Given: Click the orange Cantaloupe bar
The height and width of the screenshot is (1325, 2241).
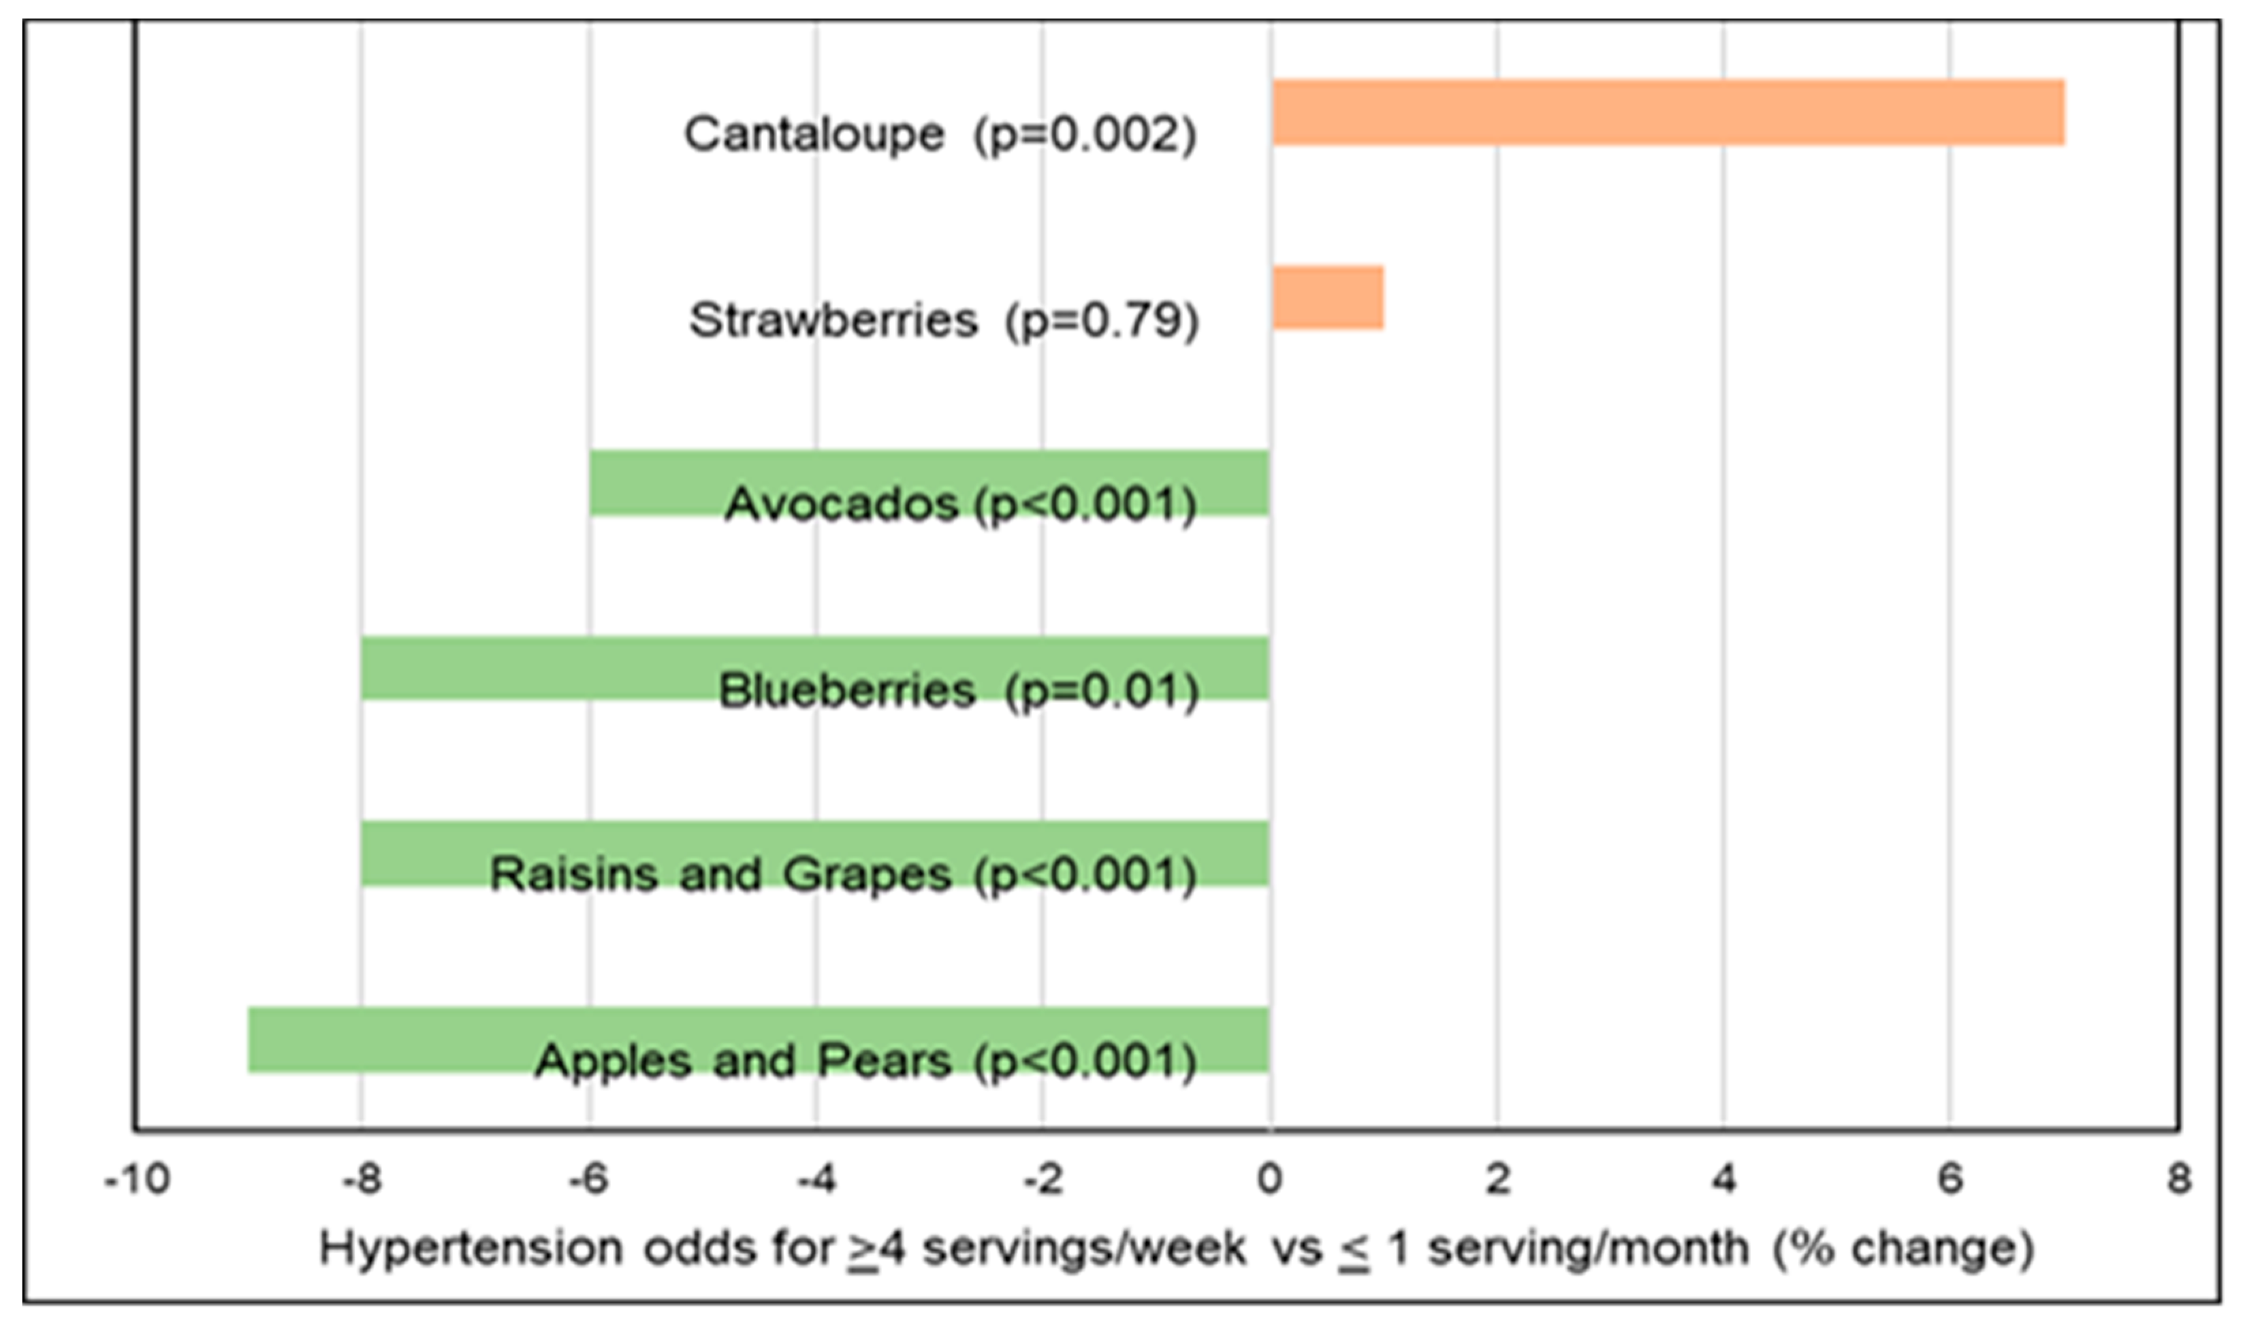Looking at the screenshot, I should [1667, 112].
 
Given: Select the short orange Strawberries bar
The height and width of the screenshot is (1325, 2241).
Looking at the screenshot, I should [1328, 298].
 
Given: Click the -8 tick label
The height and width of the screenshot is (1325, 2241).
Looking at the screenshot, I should [362, 1181].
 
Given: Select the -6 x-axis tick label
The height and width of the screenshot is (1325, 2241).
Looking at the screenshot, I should [588, 1181].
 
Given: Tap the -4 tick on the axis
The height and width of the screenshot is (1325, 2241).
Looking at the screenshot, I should [815, 1181].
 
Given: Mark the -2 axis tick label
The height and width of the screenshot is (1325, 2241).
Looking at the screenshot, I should [1042, 1181].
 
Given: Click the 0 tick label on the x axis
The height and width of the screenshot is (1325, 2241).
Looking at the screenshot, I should [1269, 1181].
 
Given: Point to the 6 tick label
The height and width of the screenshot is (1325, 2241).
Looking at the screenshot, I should [1950, 1181].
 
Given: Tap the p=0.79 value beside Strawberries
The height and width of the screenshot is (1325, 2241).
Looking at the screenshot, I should [1102, 321].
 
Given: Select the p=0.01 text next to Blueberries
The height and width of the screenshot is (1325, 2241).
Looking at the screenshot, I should [1102, 692].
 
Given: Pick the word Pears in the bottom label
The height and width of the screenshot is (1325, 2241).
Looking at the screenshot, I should [884, 1061].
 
